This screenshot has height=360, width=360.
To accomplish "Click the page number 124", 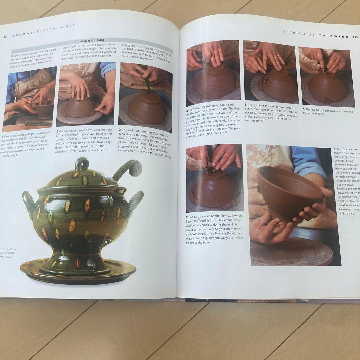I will tap(4, 37).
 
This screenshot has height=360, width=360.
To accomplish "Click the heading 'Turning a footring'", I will tap(90, 40).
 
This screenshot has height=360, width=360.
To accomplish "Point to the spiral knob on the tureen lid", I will tap(81, 164).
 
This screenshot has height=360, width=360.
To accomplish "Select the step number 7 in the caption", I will tap(187, 216).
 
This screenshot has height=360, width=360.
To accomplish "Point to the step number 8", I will tap(334, 149).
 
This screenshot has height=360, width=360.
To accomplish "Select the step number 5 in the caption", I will tap(245, 104).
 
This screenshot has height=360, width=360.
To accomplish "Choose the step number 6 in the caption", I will tap(304, 109).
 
